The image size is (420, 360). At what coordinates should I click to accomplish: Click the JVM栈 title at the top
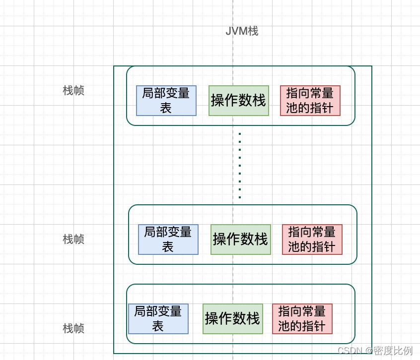[242, 31]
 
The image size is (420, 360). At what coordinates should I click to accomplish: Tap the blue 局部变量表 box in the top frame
[166, 101]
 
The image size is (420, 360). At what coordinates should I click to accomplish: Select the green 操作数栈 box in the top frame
[239, 101]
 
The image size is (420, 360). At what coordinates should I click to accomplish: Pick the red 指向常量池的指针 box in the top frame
[310, 101]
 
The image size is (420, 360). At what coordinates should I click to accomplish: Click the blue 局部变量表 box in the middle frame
[168, 240]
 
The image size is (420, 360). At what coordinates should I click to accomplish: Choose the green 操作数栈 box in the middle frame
[241, 240]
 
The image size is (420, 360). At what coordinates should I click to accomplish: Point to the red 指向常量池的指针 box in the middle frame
[312, 240]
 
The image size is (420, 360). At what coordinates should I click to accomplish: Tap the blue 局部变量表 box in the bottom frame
[158, 319]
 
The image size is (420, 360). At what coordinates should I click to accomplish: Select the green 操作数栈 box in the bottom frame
[232, 319]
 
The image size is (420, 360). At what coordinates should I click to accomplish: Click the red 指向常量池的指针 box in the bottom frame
[302, 319]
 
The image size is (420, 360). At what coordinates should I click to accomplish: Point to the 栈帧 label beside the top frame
[73, 91]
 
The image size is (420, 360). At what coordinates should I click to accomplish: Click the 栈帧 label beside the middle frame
[73, 239]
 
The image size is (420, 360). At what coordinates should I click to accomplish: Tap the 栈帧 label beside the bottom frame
[73, 328]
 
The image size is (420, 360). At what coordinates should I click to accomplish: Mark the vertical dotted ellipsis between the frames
[240, 165]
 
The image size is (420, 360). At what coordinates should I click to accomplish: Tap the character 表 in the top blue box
[166, 108]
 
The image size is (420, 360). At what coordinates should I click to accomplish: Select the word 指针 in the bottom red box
[314, 326]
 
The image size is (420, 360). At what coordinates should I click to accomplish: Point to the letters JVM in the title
[236, 31]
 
